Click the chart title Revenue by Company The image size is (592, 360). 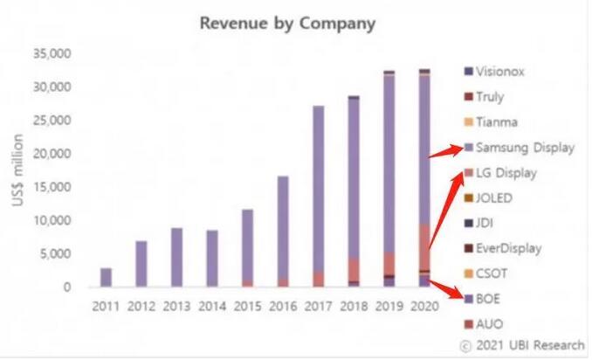(287, 23)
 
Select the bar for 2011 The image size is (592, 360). (106, 277)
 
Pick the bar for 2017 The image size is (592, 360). (318, 196)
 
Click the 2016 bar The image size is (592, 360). (282, 232)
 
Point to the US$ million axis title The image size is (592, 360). (18, 170)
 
